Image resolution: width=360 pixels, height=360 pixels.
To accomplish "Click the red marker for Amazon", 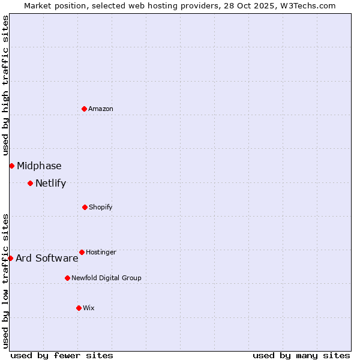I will click(84, 109).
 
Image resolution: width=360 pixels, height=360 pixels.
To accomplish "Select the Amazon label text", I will click(101, 109).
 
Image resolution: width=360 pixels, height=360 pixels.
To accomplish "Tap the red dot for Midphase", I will click(11, 166).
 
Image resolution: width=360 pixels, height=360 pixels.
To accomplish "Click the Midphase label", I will click(39, 166).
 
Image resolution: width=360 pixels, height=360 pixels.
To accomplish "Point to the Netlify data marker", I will click(30, 183).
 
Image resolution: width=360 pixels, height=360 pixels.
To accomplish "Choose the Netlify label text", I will click(50, 184).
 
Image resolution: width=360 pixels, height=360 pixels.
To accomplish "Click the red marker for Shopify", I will click(85, 207).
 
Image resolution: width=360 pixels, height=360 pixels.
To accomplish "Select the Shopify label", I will click(100, 207).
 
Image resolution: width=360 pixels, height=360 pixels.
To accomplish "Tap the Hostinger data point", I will click(82, 252).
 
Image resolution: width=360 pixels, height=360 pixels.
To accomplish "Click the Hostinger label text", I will click(101, 252).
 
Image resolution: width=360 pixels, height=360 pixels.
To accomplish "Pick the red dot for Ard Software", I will click(10, 258).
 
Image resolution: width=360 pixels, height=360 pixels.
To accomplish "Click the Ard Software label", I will click(47, 259).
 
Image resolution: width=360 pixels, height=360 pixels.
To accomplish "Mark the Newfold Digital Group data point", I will click(67, 278).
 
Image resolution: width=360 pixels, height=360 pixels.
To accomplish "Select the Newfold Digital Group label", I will click(106, 278).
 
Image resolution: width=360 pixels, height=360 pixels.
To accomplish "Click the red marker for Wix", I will click(79, 308).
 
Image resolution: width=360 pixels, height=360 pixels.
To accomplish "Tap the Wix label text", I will click(89, 308).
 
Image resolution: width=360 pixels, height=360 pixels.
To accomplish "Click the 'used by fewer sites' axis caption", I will click(62, 355).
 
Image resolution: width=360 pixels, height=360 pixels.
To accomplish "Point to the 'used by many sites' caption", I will click(301, 355).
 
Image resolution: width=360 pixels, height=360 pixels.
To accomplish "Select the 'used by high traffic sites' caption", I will click(5, 84).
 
